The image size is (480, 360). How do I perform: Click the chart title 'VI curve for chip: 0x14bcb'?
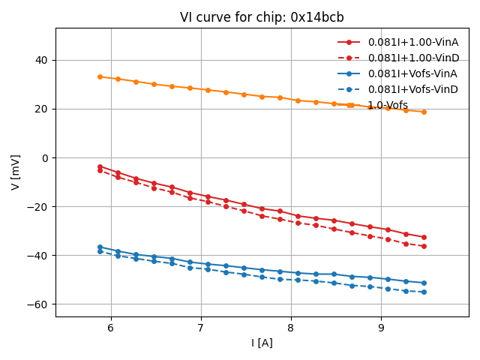pyautogui.click(x=262, y=17)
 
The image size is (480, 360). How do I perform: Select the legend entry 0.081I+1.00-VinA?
pyautogui.click(x=412, y=42)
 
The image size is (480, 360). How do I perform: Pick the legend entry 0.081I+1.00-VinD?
pyautogui.click(x=412, y=58)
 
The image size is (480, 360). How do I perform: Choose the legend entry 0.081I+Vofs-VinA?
pyautogui.click(x=412, y=73)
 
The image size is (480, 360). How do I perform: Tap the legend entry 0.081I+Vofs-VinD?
pyautogui.click(x=412, y=89)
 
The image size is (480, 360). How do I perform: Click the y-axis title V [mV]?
pyautogui.click(x=16, y=172)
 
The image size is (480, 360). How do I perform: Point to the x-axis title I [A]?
pyautogui.click(x=262, y=343)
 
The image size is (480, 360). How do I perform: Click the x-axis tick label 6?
pyautogui.click(x=110, y=328)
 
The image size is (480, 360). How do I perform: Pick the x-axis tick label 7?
pyautogui.click(x=200, y=328)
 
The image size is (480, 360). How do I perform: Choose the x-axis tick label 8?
pyautogui.click(x=291, y=328)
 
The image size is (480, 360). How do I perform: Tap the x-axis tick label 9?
pyautogui.click(x=381, y=328)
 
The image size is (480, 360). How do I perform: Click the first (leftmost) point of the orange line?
pyautogui.click(x=100, y=76)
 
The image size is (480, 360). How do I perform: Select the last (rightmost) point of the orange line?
pyautogui.click(x=424, y=112)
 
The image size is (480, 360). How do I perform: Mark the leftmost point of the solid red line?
pyautogui.click(x=100, y=166)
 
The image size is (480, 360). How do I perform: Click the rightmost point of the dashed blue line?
pyautogui.click(x=424, y=292)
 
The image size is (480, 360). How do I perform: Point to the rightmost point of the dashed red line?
pyautogui.click(x=424, y=246)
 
